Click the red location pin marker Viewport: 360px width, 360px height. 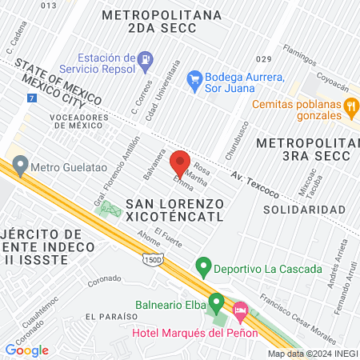pos(179,163)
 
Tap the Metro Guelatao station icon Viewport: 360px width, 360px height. pos(19,168)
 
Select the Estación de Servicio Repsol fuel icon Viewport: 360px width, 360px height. pos(145,58)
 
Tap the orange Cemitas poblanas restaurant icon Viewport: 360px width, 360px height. pos(350,105)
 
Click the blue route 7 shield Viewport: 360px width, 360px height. pos(31,97)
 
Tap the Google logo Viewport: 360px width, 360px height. pos(27,350)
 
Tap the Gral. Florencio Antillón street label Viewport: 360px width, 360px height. pos(115,173)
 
